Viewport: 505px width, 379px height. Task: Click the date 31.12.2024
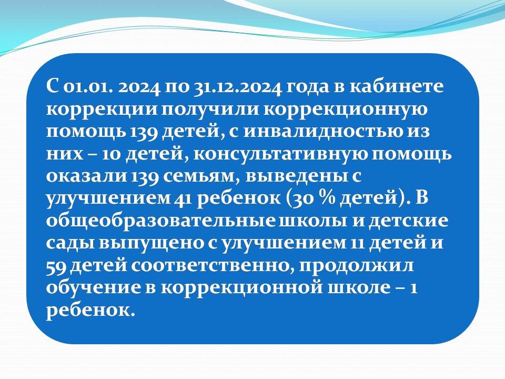[x=237, y=87]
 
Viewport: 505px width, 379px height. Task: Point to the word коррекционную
[x=346, y=109]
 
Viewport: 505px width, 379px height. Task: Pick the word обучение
[x=94, y=288]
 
